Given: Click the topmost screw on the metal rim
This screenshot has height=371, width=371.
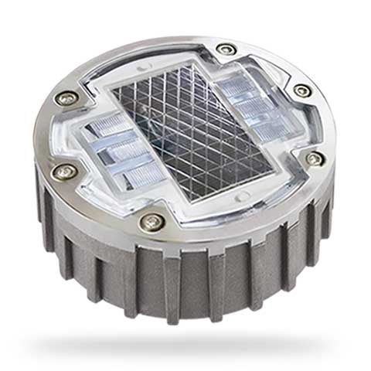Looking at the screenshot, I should point(226,49).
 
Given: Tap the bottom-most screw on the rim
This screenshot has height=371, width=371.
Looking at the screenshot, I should point(151,223).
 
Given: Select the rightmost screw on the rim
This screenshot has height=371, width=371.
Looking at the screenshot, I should point(314,158).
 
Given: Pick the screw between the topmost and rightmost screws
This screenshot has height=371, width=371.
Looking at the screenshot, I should point(302,90).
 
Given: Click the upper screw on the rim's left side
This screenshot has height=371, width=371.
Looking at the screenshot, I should point(67,99).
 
